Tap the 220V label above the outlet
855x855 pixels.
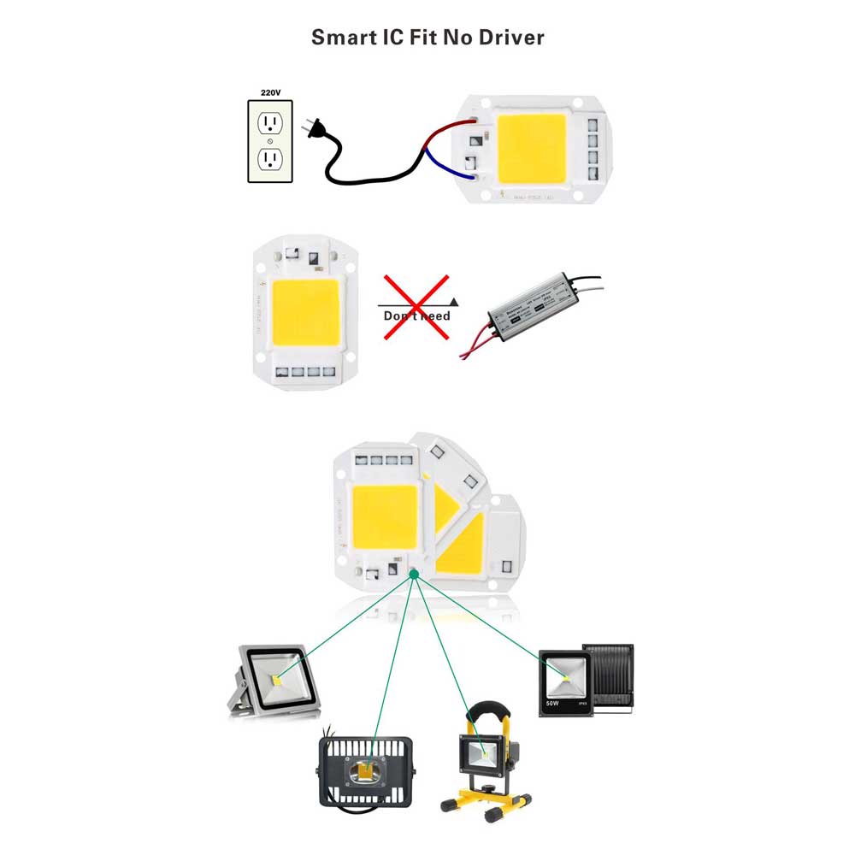point(270,91)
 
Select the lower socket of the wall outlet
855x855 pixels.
point(270,159)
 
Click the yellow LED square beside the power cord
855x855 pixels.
point(531,147)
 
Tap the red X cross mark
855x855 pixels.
point(416,307)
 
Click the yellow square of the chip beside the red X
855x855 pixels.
point(306,313)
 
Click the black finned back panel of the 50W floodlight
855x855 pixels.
point(611,675)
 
